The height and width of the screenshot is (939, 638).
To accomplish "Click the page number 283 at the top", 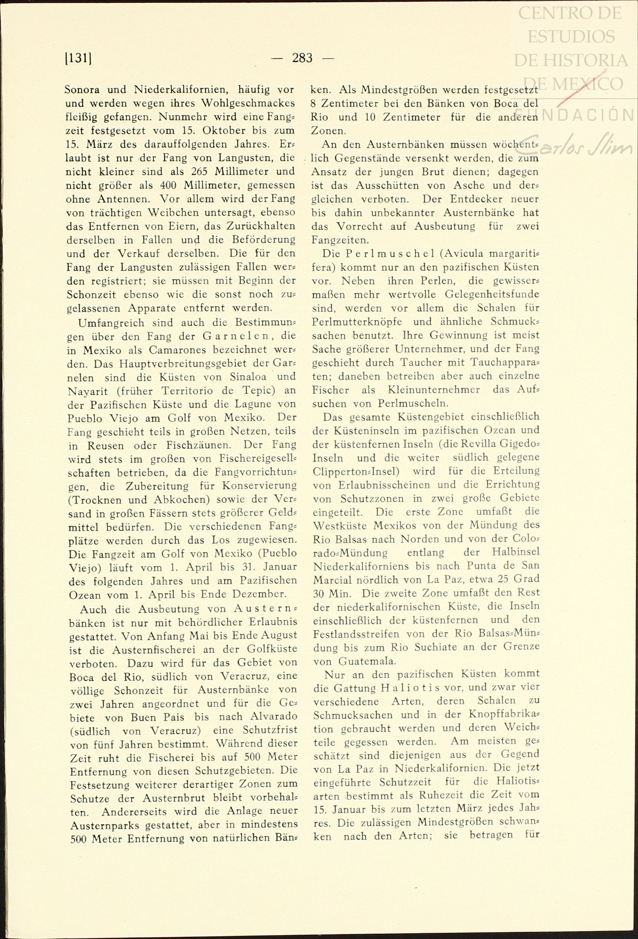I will click(x=302, y=58).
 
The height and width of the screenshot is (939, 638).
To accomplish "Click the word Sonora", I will click(x=83, y=90).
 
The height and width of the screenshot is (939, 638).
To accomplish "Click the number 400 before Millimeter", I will click(x=167, y=185).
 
